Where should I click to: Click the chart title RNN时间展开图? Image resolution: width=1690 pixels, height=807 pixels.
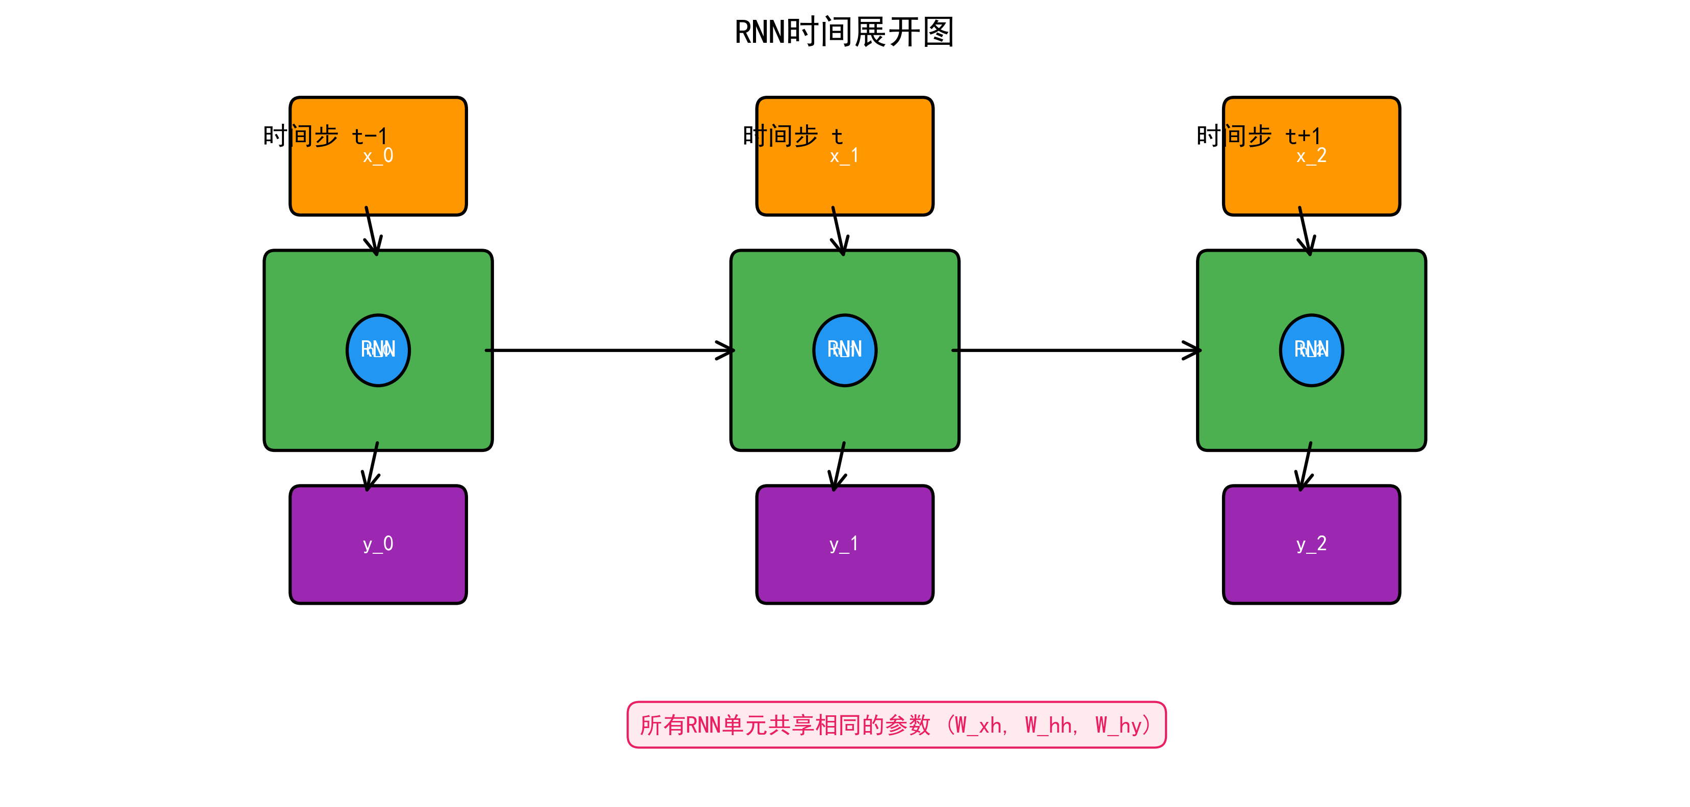844,33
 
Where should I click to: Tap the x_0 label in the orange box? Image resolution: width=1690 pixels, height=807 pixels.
378,156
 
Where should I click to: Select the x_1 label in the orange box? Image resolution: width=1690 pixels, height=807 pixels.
844,156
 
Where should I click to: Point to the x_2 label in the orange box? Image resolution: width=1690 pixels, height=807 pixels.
1311,156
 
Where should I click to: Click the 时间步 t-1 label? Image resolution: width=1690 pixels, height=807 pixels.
325,136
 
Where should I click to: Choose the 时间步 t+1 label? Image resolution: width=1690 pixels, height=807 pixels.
1258,136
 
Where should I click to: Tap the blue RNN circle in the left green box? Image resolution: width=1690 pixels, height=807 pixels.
378,350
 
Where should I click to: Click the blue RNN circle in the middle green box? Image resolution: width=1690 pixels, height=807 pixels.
844,350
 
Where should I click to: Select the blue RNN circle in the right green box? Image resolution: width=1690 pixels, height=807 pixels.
1311,350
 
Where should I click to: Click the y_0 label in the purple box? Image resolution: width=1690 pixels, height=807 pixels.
378,544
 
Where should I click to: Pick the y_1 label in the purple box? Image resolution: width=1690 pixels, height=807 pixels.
844,544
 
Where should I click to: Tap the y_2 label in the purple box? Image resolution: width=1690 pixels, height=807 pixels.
1311,544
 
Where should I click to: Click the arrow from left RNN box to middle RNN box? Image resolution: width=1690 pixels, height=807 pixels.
610,350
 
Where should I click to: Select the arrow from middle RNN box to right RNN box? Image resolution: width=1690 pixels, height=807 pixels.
1076,350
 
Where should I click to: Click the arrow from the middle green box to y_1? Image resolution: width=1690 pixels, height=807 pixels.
839,467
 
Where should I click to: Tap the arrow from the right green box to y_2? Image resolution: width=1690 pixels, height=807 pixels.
1305,467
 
